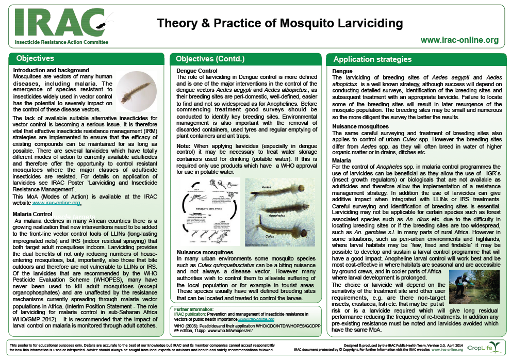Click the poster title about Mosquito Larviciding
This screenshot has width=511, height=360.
279,23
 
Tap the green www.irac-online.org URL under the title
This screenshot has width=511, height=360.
459,40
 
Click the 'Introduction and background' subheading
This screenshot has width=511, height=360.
51,70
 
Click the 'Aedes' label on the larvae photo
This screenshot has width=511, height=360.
267,187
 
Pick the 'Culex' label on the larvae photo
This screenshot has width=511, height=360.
270,236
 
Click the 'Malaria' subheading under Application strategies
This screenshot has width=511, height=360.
342,161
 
